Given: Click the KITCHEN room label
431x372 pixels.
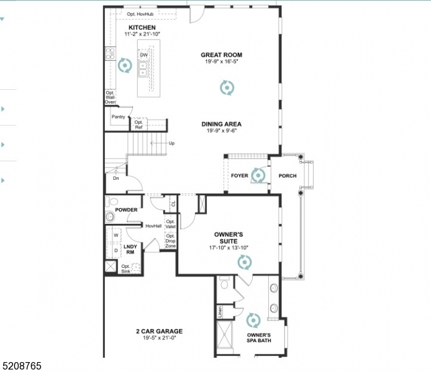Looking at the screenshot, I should coord(142,28).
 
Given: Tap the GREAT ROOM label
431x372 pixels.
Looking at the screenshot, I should coord(221,55).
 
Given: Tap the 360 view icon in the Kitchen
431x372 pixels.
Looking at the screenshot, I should coord(125,65).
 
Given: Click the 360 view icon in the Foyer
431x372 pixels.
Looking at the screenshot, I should coord(258,175).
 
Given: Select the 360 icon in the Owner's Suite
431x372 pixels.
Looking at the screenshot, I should coord(245,263).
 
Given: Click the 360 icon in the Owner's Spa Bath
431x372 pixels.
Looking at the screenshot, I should coord(253,321).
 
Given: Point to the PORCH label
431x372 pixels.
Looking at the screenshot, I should coord(287,176).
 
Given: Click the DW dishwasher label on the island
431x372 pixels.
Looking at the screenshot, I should coord(143,55).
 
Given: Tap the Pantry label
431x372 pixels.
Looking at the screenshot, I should coord(118,117).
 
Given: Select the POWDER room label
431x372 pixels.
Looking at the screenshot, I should coord(126,210).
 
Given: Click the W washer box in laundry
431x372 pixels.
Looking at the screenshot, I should coord(116,236).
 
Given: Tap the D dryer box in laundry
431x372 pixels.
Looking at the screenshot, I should coord(116,250).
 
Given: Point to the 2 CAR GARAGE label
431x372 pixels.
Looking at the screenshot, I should coord(160,331).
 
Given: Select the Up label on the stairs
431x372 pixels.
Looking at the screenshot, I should coord(171,143).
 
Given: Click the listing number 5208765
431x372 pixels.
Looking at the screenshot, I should coord(21,366).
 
